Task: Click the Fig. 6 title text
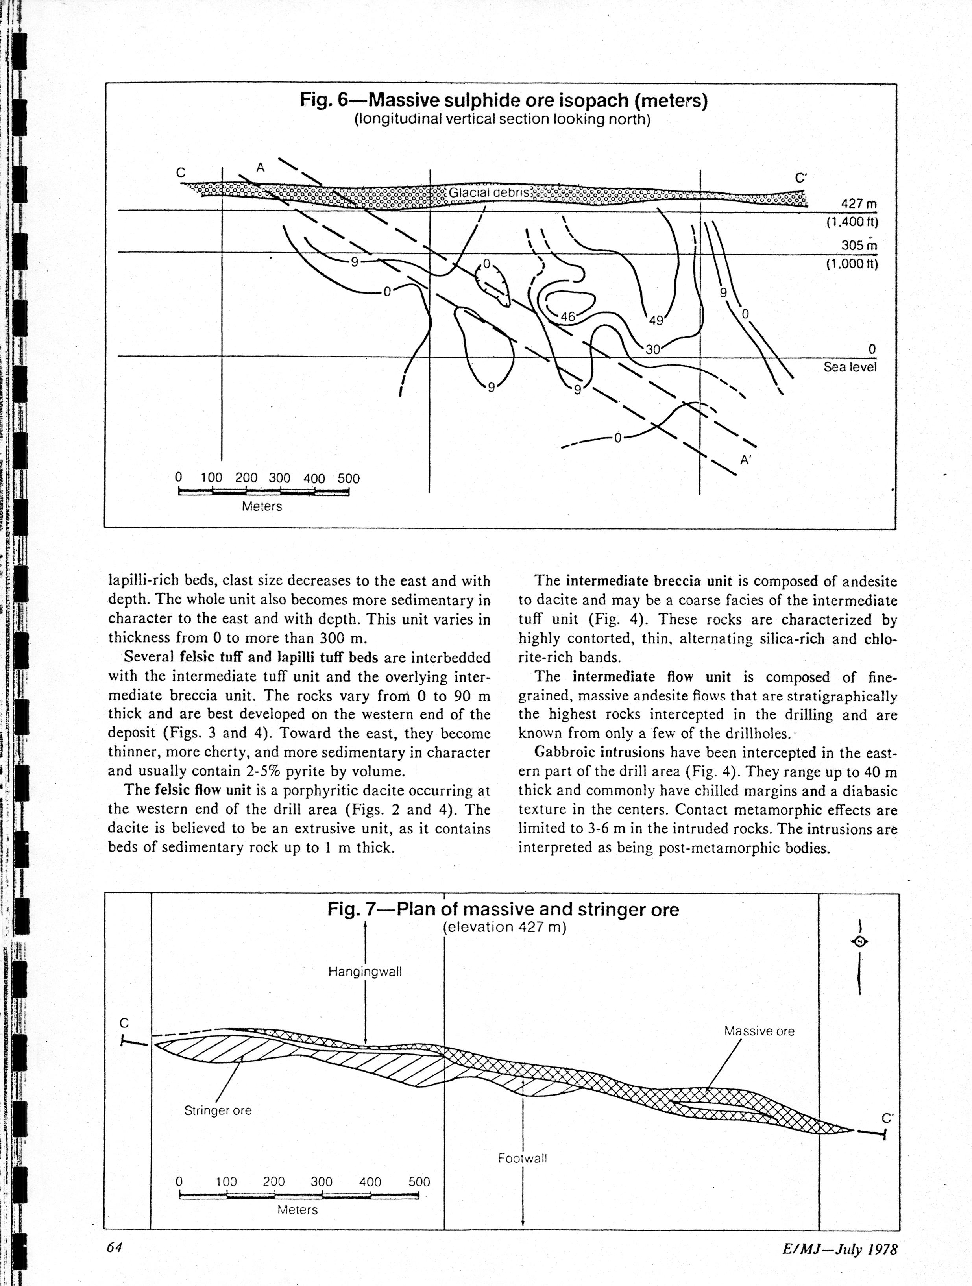click(503, 101)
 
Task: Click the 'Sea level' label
click(849, 367)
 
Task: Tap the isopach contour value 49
click(656, 320)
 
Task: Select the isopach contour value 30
click(653, 349)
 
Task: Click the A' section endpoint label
click(746, 460)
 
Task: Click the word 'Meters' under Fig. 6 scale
click(262, 506)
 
